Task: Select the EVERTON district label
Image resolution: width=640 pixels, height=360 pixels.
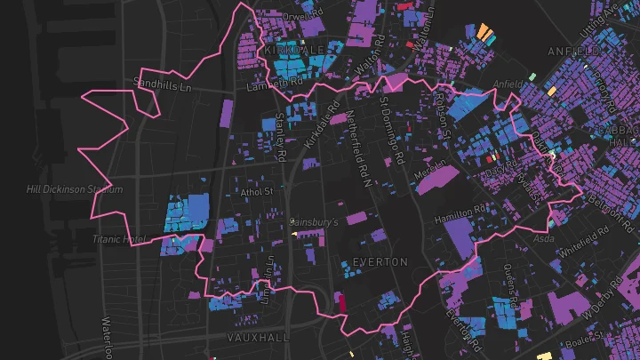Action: click(x=380, y=262)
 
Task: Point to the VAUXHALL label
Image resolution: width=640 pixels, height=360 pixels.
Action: click(x=258, y=339)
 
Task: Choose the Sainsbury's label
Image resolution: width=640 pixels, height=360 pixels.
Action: click(x=314, y=220)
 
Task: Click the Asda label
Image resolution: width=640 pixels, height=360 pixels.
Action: click(x=542, y=239)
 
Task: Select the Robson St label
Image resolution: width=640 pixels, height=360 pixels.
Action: click(x=440, y=111)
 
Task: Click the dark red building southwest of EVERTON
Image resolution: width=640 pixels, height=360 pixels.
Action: click(x=339, y=302)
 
